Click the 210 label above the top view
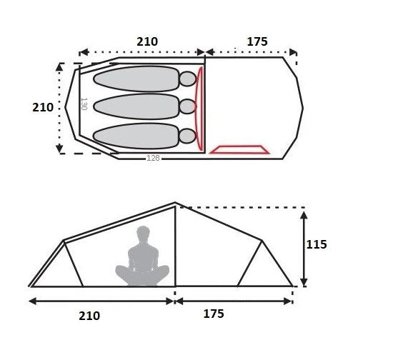point(147,41)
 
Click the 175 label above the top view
point(257,41)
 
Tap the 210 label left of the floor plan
point(43,107)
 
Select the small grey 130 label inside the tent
point(84,104)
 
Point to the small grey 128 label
point(154,158)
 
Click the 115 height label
point(317,244)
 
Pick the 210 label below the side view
point(89,316)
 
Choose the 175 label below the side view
point(214,314)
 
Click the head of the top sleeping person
point(188,79)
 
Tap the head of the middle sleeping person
point(188,106)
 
